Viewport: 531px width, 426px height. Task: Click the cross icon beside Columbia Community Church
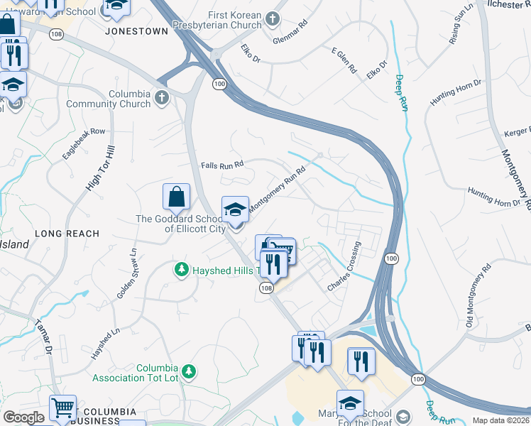click(162, 98)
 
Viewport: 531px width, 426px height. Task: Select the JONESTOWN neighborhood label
click(133, 31)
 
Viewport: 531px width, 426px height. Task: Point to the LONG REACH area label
click(67, 233)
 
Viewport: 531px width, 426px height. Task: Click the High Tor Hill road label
click(100, 168)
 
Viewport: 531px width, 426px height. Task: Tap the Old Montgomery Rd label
click(478, 290)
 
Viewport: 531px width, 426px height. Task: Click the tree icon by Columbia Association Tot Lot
click(189, 371)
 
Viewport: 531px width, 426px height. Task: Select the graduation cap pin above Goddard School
click(235, 209)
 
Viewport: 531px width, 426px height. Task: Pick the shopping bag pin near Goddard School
click(176, 197)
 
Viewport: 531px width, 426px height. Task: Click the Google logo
click(23, 417)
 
